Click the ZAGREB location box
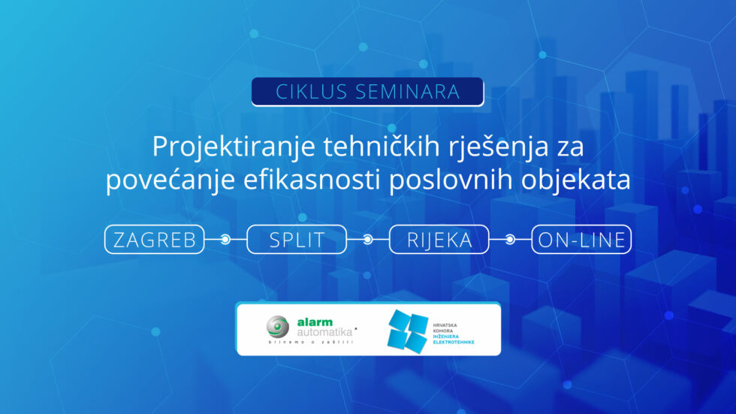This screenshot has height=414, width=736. [155, 240]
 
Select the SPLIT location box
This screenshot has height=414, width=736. [297, 240]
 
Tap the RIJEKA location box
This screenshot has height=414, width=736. [439, 240]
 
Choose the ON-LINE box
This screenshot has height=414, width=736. [581, 240]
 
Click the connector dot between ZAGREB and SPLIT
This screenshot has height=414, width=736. [225, 240]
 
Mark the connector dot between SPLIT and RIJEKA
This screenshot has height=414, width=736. [367, 240]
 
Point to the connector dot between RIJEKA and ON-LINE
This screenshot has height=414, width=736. [510, 240]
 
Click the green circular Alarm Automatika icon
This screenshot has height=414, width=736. [277, 327]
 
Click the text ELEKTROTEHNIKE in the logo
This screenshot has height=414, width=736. [454, 343]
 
